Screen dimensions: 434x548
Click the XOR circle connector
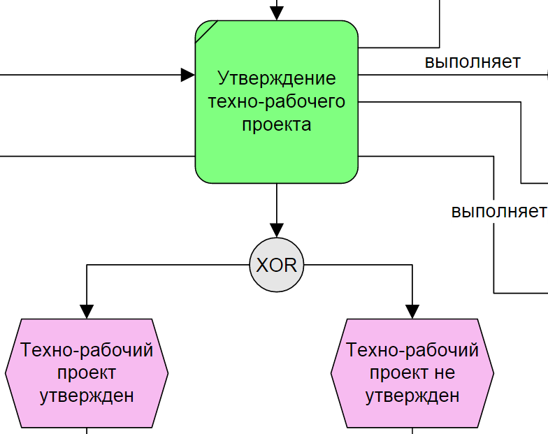point(277,266)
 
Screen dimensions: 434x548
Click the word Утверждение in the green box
point(277,78)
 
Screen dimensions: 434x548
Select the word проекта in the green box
point(277,125)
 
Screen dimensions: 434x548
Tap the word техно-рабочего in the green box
point(277,101)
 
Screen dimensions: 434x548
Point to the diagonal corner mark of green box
point(206,31)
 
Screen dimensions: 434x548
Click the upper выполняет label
point(473,62)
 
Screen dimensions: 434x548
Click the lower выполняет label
point(498,210)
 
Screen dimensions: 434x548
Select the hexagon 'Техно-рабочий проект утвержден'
point(87,373)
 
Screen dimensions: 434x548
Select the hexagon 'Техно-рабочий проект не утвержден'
point(412,373)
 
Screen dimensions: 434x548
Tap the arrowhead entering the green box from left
point(187,75)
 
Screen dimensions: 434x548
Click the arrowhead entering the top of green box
point(277,13)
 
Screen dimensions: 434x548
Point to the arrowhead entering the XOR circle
point(277,230)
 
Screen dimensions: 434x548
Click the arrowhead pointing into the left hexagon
point(87,312)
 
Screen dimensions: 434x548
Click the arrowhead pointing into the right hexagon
point(412,312)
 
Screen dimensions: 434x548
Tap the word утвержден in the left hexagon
point(87,396)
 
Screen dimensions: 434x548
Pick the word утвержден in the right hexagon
point(412,396)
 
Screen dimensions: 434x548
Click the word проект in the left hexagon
point(87,372)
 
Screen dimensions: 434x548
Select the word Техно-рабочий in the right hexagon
point(412,349)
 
